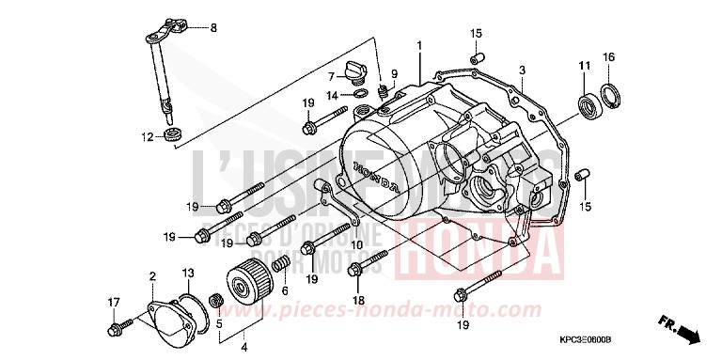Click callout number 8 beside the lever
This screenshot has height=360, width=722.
click(x=212, y=28)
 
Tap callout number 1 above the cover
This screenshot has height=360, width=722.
click(x=420, y=45)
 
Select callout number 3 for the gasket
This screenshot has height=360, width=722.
click(x=522, y=70)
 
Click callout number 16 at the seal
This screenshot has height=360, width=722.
click(x=608, y=58)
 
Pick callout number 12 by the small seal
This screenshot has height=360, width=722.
click(x=147, y=137)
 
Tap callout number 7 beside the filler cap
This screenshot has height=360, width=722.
click(x=332, y=75)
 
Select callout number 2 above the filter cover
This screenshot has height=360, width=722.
click(x=151, y=275)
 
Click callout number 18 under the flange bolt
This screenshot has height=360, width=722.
click(x=358, y=300)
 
